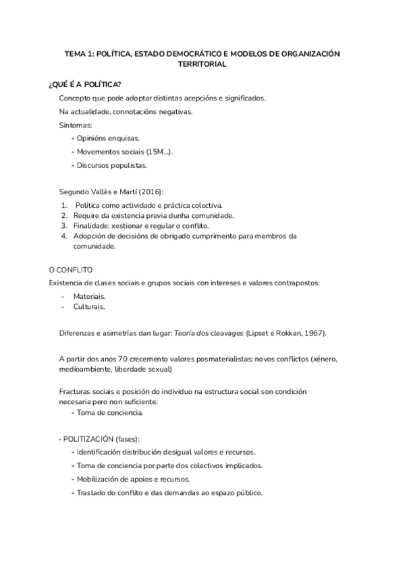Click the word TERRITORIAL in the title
[202, 65]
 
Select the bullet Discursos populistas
[111, 165]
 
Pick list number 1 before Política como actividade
[63, 204]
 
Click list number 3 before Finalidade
[63, 225]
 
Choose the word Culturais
[89, 306]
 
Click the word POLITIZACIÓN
[90, 439]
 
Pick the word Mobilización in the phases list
[99, 479]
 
